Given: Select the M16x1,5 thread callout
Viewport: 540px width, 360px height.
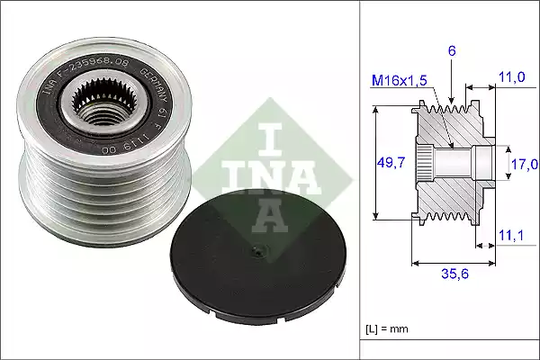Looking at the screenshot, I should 399,82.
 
